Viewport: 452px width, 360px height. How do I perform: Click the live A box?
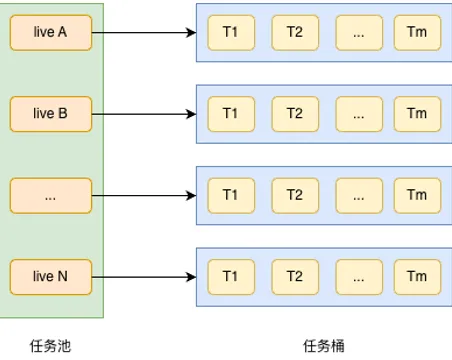click(x=50, y=33)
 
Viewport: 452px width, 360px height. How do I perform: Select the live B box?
click(x=50, y=114)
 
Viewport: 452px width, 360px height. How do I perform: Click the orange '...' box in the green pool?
click(x=50, y=195)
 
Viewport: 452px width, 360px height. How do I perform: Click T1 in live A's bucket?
click(x=231, y=33)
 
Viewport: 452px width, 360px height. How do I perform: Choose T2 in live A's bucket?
click(x=294, y=33)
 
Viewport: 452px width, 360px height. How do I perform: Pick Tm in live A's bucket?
click(x=417, y=33)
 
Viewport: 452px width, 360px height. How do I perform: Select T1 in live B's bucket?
click(x=231, y=114)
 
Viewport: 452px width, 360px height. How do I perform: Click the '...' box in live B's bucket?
click(x=357, y=114)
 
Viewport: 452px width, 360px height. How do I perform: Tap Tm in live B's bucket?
click(x=417, y=114)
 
